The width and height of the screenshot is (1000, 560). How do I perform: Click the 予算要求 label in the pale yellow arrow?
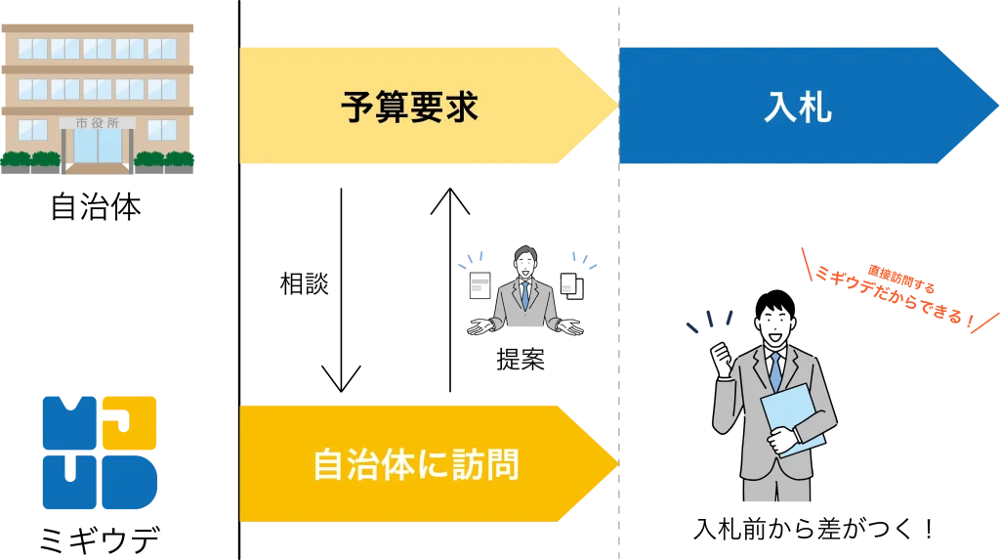coord(409,106)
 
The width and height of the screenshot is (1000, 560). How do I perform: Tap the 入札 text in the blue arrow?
coord(797,106)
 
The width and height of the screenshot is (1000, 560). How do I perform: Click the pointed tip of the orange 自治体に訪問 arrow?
coord(616,463)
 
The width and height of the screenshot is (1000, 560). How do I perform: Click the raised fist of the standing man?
coord(724,356)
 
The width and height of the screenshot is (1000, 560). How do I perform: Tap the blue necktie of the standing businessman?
coord(774,370)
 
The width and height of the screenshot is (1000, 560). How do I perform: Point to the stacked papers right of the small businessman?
coord(570,284)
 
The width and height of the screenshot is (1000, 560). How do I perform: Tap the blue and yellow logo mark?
coord(101,453)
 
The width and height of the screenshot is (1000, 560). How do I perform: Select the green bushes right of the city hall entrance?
coord(165,158)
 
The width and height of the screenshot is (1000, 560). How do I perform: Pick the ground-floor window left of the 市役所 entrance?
coord(32,130)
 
